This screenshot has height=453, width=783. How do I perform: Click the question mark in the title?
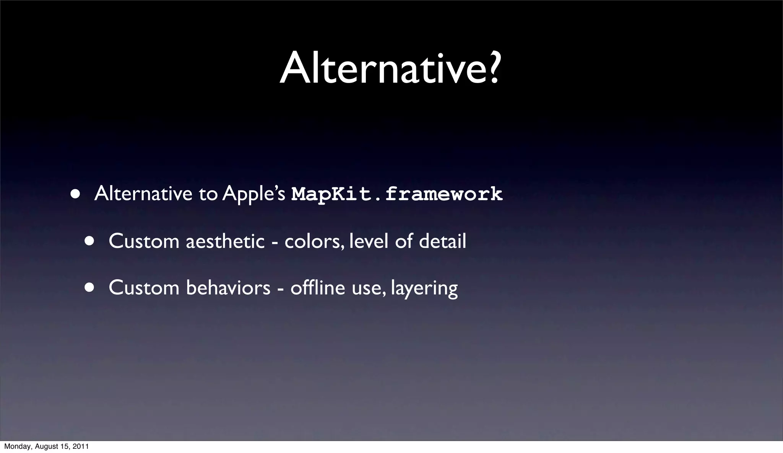click(x=492, y=68)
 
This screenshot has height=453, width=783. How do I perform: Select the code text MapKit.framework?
click(x=397, y=194)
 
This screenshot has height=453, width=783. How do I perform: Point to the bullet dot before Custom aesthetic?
click(x=89, y=241)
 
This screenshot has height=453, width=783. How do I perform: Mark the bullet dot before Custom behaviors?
click(x=89, y=288)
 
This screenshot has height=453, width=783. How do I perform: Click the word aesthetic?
click(x=225, y=241)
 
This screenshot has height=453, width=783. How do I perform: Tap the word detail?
click(x=442, y=241)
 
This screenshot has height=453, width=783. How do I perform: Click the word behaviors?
click(x=228, y=288)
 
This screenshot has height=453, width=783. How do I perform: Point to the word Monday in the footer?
click(x=15, y=446)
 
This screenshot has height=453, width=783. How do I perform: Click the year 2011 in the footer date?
click(x=81, y=446)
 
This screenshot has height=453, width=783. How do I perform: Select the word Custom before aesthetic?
click(x=144, y=241)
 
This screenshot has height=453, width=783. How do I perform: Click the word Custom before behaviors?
click(x=144, y=288)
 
